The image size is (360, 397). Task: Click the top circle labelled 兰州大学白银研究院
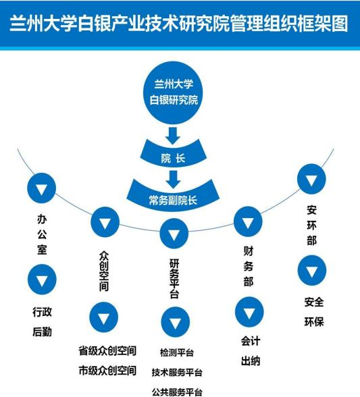coord(173,92)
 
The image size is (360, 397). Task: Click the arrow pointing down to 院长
coord(173,136)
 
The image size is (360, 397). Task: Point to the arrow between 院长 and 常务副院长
coord(174,180)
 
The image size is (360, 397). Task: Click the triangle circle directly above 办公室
coord(42,188)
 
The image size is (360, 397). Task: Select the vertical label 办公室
coord(42,234)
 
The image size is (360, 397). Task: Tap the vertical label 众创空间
coord(104,271)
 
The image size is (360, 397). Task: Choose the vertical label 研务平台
coord(174,278)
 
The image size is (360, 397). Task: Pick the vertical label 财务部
coord(249,266)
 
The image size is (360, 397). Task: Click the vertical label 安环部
coord(311,225)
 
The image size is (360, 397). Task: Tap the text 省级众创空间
coord(107,350)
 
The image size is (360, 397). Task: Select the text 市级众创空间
coord(107,371)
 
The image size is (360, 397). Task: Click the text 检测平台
coord(177,352)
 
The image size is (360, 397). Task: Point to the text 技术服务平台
coord(177,372)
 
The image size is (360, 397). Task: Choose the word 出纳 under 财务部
coord(251,361)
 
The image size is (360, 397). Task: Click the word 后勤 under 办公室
coord(42,332)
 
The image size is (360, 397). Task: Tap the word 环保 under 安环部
coord(314,322)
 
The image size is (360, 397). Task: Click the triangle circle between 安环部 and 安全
coord(312,270)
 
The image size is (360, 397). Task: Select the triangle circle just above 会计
coord(249,312)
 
